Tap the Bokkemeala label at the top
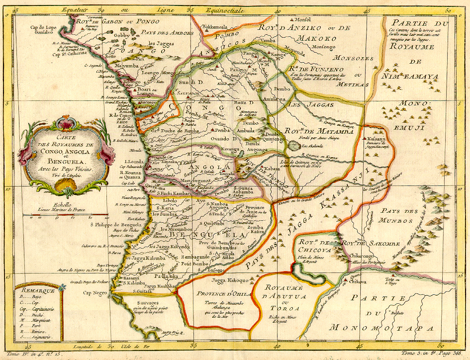coord(218,25)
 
